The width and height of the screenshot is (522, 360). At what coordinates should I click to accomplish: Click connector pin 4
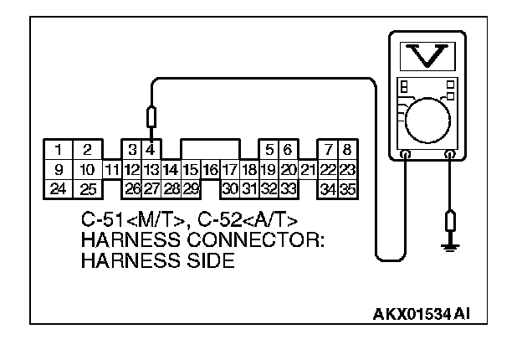pyautogui.click(x=151, y=150)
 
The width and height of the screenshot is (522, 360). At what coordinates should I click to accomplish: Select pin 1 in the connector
pyautogui.click(x=59, y=150)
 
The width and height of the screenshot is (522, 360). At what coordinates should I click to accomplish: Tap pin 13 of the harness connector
pyautogui.click(x=151, y=169)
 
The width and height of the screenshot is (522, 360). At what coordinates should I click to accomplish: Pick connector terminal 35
pyautogui.click(x=348, y=188)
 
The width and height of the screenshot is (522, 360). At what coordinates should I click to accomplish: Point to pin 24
pyautogui.click(x=58, y=188)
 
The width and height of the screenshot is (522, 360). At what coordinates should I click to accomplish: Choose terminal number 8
pyautogui.click(x=347, y=150)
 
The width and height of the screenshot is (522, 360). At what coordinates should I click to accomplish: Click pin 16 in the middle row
pyautogui.click(x=210, y=169)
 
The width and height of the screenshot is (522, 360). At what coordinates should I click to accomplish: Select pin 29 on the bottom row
pyautogui.click(x=191, y=188)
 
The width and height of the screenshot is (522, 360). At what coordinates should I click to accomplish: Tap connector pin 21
pyautogui.click(x=308, y=169)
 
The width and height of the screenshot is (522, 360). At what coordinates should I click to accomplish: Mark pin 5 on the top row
pyautogui.click(x=269, y=150)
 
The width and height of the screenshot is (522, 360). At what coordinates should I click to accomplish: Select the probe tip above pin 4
pyautogui.click(x=151, y=118)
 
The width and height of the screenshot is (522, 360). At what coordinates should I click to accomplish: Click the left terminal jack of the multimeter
pyautogui.click(x=405, y=155)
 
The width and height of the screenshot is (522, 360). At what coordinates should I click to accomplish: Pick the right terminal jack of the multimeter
pyautogui.click(x=451, y=155)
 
